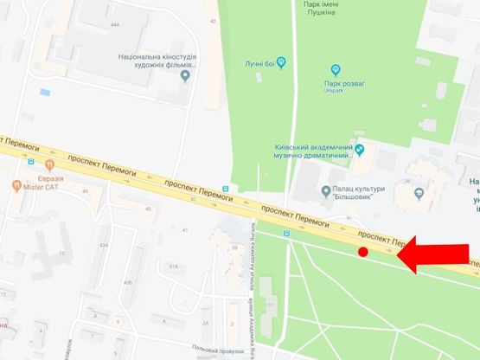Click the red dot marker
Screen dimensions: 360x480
[x=363, y=252]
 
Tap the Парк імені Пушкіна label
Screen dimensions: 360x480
[x=333, y=9]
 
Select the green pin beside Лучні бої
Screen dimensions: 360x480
[x=279, y=61]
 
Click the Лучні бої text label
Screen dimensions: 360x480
[x=259, y=62]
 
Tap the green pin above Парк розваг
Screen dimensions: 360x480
[x=336, y=68]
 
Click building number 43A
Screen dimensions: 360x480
[x=104, y=246]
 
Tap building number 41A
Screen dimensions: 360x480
[x=173, y=267]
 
